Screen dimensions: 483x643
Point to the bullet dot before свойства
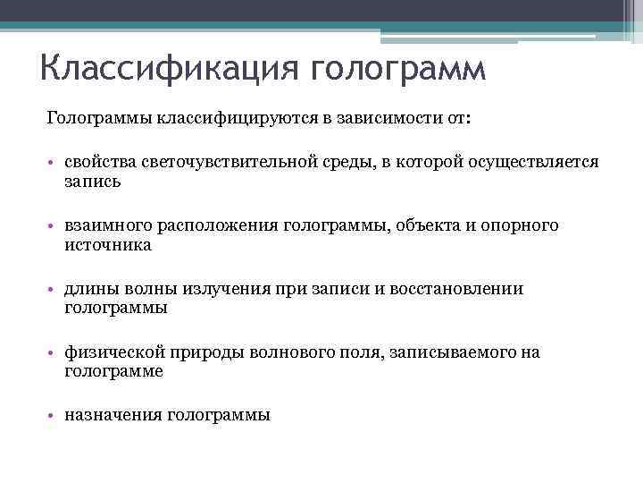coord(54,162)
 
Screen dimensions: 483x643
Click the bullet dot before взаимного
coord(54,225)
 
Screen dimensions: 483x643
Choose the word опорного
coord(522,225)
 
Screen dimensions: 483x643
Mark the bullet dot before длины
coord(54,289)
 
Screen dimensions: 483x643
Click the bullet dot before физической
coord(54,353)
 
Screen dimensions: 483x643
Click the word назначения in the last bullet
coord(113,416)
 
